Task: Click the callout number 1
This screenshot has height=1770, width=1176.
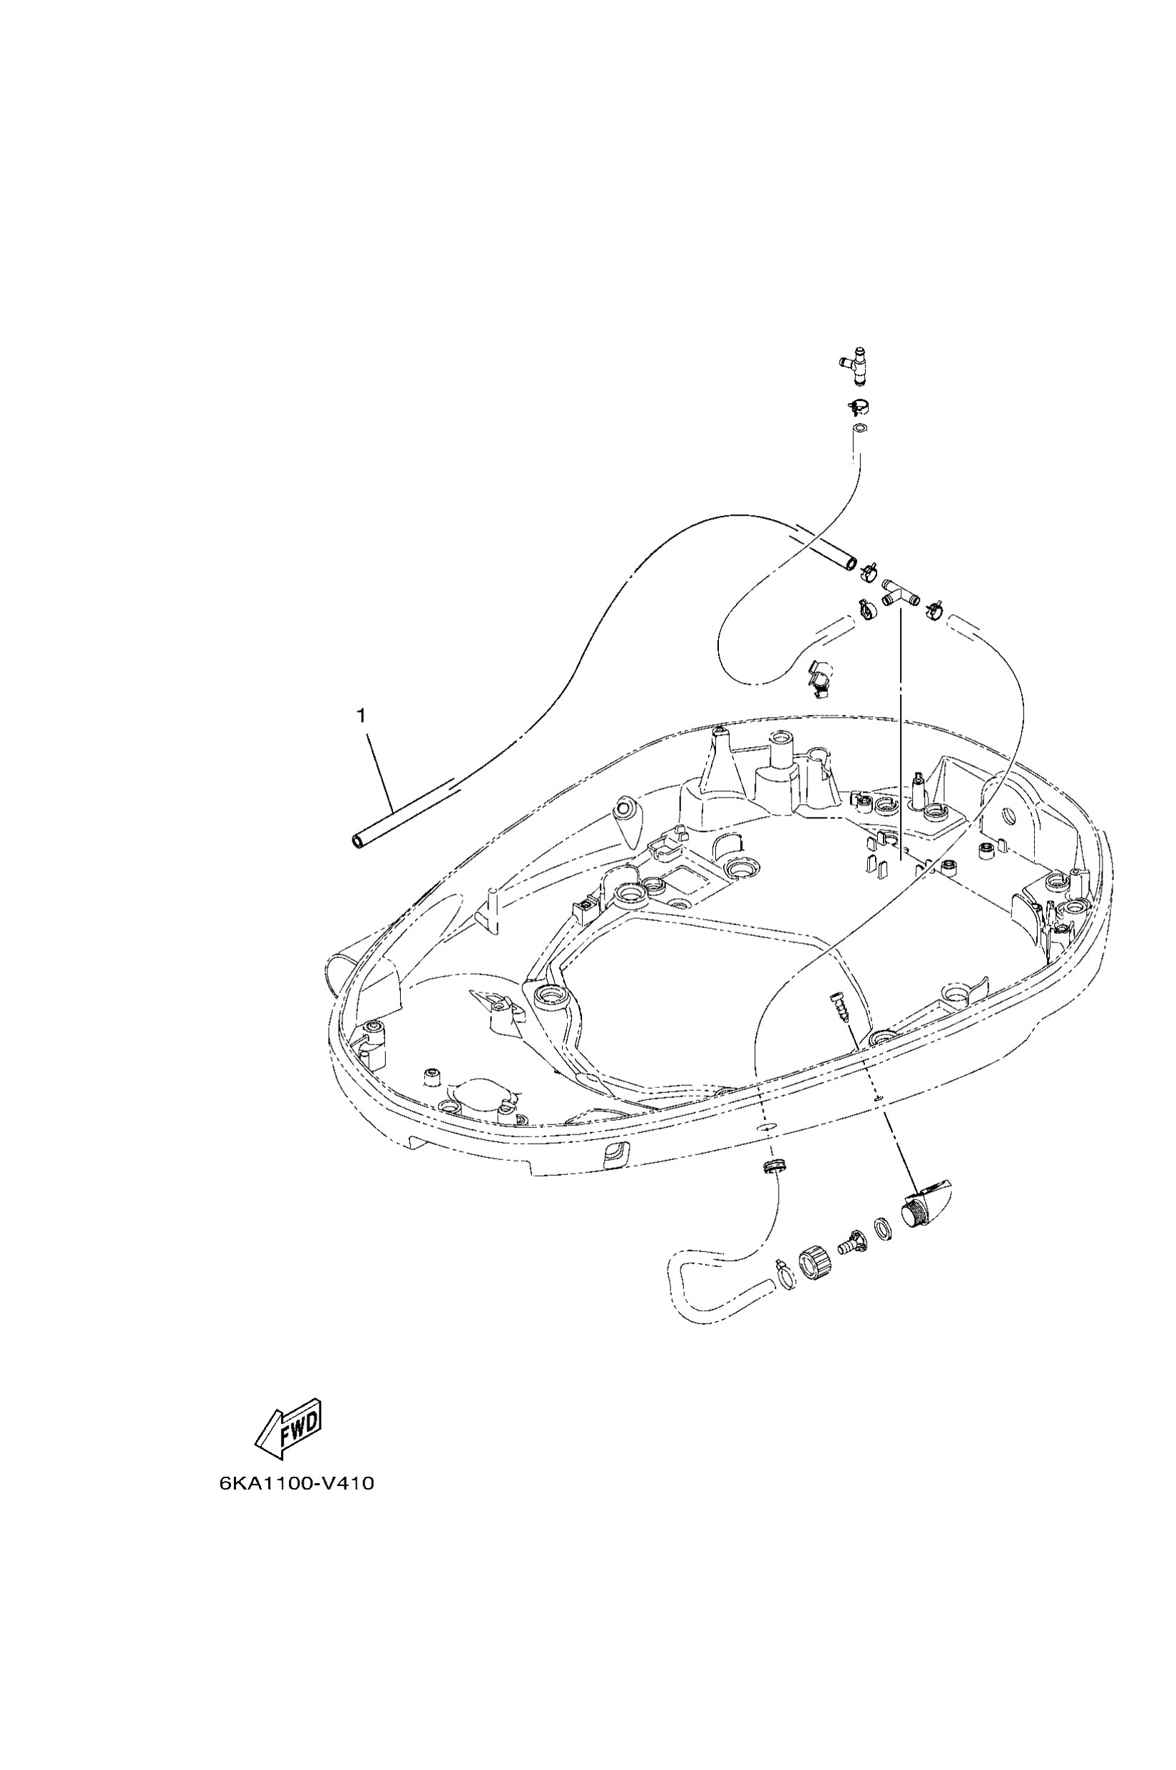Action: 362,716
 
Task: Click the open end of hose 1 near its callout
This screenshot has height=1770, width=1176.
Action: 359,842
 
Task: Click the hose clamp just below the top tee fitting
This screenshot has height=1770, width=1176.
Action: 857,407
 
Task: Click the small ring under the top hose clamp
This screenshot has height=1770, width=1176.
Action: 860,430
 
